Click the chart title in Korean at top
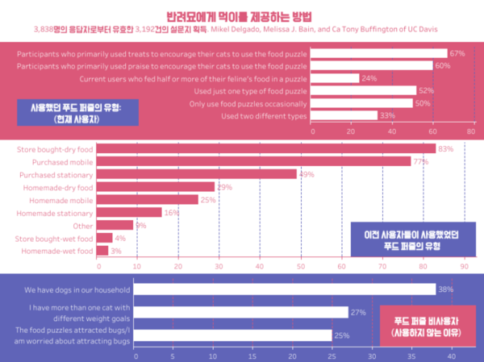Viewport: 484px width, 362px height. point(241,15)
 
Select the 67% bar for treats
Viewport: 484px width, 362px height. point(378,54)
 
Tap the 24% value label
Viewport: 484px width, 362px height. point(369,79)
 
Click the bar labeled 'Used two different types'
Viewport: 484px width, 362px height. point(343,115)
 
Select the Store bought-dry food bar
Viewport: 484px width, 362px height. point(266,148)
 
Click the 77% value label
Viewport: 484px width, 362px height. point(420,161)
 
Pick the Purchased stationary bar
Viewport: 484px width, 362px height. point(198,174)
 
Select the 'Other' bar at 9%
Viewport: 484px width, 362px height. point(115,226)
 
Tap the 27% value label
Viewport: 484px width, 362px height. point(358,312)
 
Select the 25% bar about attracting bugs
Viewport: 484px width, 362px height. point(233,335)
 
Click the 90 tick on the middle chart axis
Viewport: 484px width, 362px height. point(464,266)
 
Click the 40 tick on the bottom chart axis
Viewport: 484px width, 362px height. point(451,355)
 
